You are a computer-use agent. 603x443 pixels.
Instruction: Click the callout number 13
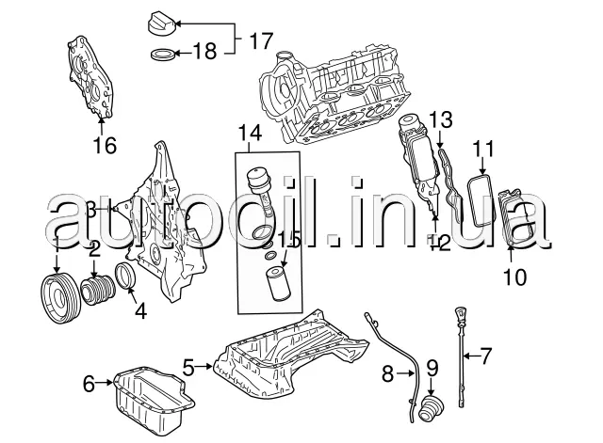coord(441,119)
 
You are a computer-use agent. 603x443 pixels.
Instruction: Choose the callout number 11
coord(483,148)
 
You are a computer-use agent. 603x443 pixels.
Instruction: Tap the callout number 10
coord(514,277)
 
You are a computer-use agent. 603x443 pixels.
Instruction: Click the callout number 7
coord(486,356)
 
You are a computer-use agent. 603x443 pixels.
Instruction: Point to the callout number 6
coord(90,383)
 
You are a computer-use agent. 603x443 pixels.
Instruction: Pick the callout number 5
coord(187,367)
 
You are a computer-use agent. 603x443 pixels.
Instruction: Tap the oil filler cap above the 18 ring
coord(164,21)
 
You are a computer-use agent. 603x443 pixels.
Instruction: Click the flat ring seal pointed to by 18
coord(162,53)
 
